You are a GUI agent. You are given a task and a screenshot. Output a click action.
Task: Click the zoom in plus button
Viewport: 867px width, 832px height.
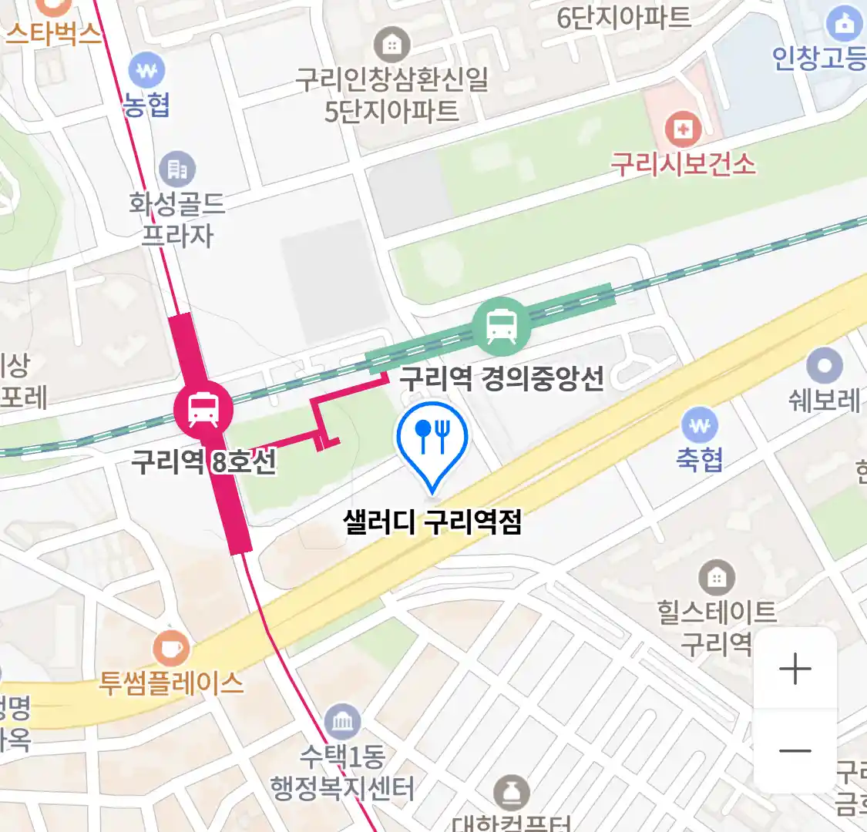[795, 669]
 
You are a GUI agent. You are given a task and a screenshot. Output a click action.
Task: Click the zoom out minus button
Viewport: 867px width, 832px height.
[795, 751]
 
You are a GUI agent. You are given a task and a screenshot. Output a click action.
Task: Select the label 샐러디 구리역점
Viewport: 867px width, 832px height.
[432, 522]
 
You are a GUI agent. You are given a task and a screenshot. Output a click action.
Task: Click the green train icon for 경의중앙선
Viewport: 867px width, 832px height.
[502, 326]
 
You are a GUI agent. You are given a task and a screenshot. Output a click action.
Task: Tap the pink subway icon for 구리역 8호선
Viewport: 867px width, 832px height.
[203, 408]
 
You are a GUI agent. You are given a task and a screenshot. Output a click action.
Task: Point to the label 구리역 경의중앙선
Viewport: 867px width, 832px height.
[501, 378]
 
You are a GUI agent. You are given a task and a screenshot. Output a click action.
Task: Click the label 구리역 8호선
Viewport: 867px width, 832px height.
[203, 462]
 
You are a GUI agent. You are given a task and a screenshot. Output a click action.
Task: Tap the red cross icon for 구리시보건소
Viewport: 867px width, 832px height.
[682, 129]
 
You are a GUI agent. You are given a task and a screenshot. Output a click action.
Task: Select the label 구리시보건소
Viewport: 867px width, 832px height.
[683, 164]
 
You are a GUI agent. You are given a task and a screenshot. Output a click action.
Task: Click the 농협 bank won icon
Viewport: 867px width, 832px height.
[146, 72]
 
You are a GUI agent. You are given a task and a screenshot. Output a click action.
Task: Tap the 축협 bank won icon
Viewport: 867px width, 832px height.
[700, 425]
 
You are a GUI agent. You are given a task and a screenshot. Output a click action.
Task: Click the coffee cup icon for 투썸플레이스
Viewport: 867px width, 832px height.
[170, 649]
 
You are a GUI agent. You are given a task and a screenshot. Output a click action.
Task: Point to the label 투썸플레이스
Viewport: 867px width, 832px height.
[171, 683]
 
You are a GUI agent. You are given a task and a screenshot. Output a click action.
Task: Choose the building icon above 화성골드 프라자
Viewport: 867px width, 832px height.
[177, 169]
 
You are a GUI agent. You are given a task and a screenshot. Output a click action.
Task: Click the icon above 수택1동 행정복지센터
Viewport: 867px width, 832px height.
[342, 722]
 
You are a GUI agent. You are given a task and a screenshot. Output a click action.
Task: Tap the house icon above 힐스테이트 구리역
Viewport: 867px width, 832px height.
[717, 578]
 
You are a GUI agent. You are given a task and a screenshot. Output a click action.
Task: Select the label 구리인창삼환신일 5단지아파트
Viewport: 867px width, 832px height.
[391, 95]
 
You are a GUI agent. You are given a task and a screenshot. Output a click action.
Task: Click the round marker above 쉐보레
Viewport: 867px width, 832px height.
[825, 366]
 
